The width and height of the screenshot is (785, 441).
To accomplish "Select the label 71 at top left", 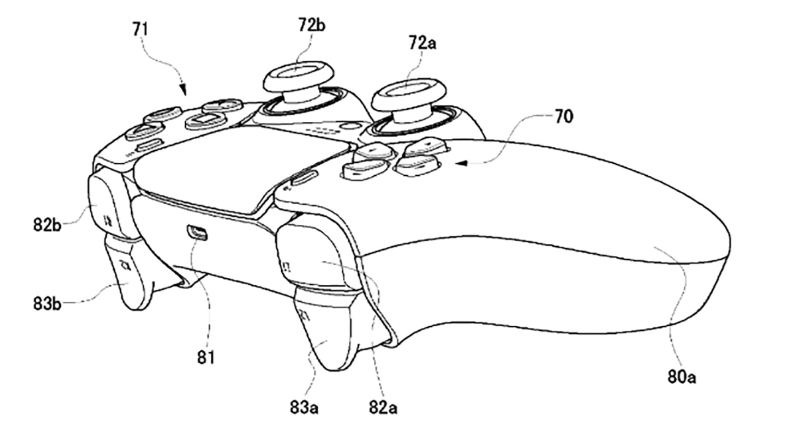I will [140, 28].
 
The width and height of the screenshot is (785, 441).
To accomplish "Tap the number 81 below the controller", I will [206, 357].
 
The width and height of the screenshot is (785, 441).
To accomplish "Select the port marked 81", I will [197, 232].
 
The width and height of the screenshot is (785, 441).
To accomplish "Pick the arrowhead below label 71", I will [184, 92].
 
